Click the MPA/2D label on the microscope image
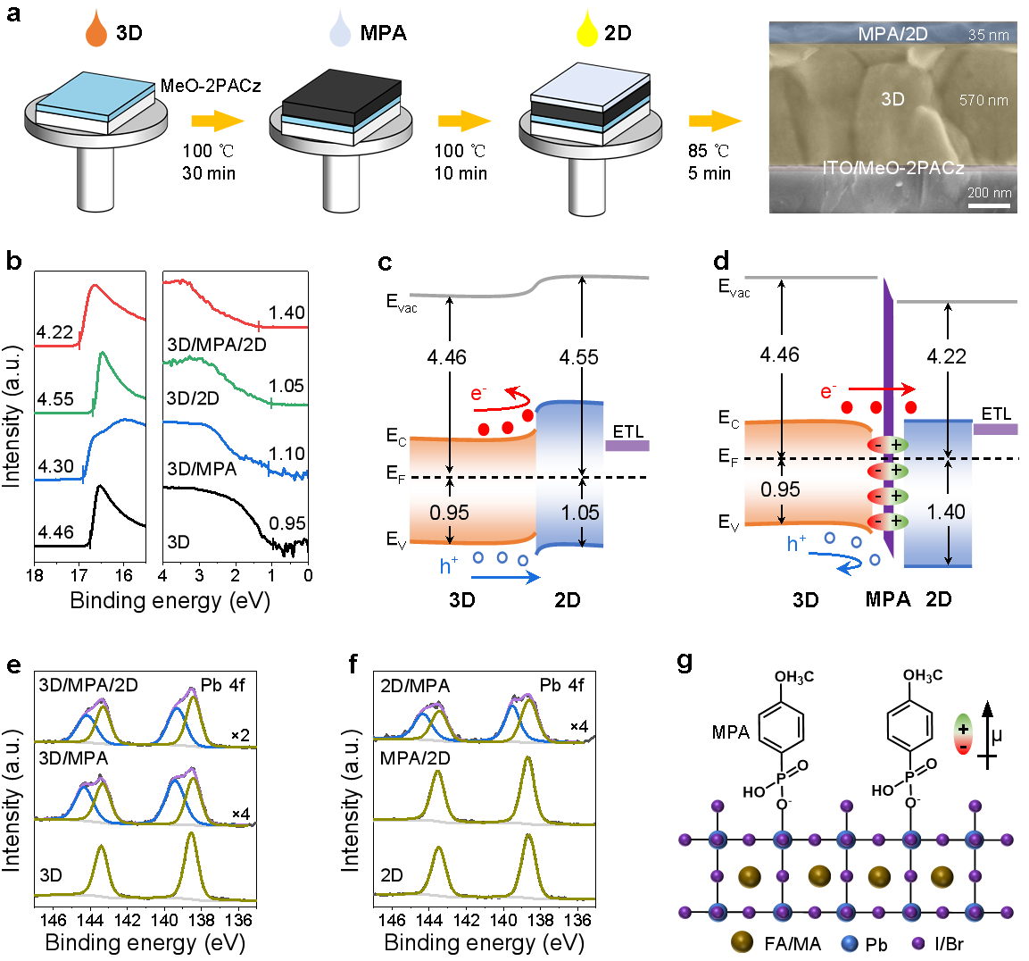click(892, 35)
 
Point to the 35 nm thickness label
click(988, 36)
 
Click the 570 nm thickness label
click(983, 100)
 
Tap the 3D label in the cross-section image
click(892, 99)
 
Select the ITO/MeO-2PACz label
click(892, 168)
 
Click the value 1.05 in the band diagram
click(580, 513)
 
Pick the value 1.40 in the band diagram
click(946, 512)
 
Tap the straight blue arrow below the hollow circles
click(505, 578)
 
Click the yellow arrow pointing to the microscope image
click(715, 121)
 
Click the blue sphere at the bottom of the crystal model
click(849, 942)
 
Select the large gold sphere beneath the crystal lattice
click(741, 941)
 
